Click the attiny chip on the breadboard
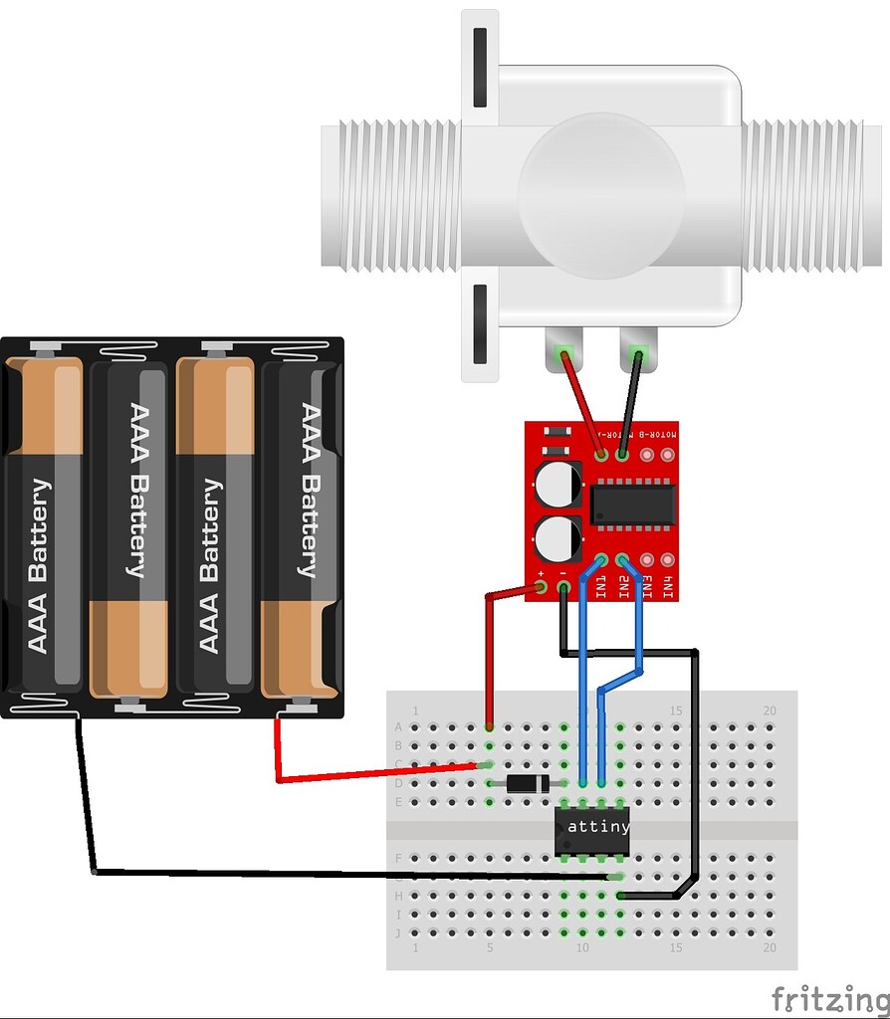tap(591, 827)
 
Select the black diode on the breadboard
tap(525, 784)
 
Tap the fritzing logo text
tap(829, 997)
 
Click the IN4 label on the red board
tap(669, 588)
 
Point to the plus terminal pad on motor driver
tap(541, 588)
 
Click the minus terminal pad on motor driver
tap(562, 588)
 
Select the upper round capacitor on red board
tap(556, 485)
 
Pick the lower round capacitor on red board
tap(556, 538)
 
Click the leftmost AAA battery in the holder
tap(45, 522)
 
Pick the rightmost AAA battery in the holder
tap(302, 522)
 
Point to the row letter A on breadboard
tap(399, 726)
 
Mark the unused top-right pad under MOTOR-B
tap(669, 455)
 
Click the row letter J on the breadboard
tap(399, 932)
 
